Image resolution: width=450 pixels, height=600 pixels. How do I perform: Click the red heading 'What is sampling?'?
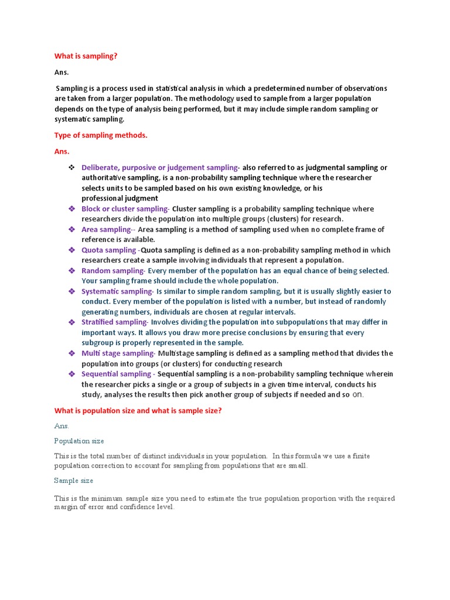tap(86, 56)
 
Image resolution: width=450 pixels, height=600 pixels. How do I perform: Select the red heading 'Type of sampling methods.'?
tap(101, 135)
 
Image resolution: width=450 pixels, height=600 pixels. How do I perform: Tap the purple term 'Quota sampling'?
tap(108, 250)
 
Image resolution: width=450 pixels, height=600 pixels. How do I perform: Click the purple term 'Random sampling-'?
tap(113, 271)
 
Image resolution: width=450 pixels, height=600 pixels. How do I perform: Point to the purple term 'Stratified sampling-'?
tap(115, 322)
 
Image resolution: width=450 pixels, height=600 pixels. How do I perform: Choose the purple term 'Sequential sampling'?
tap(116, 374)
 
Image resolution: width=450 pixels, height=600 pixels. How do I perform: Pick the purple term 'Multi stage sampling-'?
tap(118, 353)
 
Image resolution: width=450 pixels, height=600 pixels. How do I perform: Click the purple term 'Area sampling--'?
tap(108, 230)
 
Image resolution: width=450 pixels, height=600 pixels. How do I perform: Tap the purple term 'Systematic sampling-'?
tap(117, 291)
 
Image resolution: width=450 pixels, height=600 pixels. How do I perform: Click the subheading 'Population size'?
tap(79, 441)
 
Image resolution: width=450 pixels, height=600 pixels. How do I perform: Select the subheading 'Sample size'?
tap(74, 480)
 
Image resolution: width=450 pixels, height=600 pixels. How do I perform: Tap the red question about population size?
tap(138, 411)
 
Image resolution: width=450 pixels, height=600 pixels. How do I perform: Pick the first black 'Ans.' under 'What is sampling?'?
tap(62, 72)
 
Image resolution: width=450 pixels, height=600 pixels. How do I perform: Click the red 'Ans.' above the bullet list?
tap(62, 151)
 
